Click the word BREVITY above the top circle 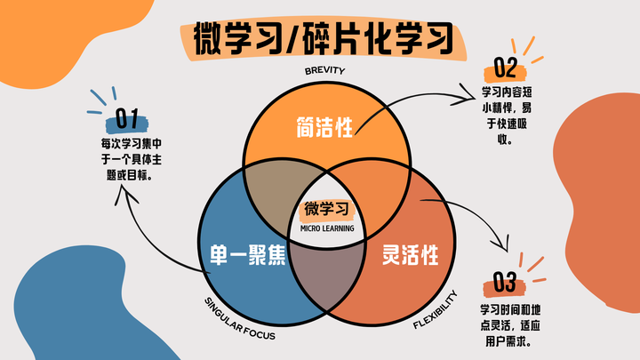(324, 70)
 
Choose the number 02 (505, 68)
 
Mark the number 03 (504, 284)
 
